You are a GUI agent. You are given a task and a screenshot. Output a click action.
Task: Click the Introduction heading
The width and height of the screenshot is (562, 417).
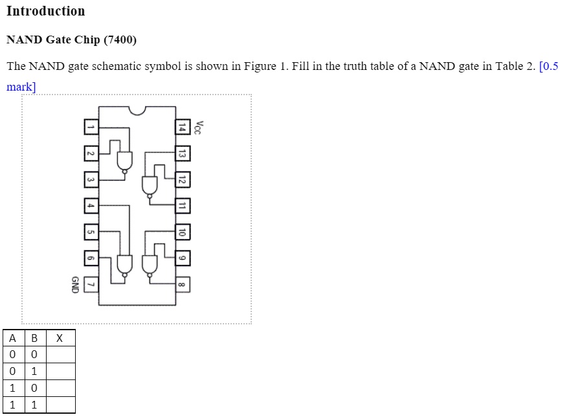pyautogui.click(x=45, y=11)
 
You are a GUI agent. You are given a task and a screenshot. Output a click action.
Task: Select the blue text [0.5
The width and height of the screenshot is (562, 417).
pyautogui.click(x=548, y=67)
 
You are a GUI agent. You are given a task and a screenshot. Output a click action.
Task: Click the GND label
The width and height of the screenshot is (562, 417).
pyautogui.click(x=74, y=284)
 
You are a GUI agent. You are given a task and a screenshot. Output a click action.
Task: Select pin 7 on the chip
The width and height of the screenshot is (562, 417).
pyautogui.click(x=91, y=284)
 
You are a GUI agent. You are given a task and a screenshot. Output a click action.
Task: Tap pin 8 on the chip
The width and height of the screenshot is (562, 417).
pyautogui.click(x=183, y=284)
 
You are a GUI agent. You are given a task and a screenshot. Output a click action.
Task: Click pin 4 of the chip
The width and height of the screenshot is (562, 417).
pyautogui.click(x=91, y=206)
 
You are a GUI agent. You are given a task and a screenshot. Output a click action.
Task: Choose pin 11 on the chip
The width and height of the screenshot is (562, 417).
pyautogui.click(x=183, y=206)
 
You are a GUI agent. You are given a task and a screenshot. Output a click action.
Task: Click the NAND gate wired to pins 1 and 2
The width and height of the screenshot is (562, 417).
pyautogui.click(x=124, y=161)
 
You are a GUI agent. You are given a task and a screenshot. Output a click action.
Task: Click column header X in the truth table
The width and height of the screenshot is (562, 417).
pyautogui.click(x=60, y=338)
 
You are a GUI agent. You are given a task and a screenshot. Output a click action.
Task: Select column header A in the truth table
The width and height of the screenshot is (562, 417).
pyautogui.click(x=13, y=338)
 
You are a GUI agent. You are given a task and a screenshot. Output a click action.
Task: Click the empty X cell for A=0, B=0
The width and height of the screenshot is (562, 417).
pyautogui.click(x=60, y=355)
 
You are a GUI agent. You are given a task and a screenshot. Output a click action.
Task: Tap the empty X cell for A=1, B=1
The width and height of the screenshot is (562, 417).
pyautogui.click(x=60, y=405)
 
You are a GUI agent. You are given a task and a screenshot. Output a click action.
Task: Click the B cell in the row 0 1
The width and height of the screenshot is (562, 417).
pyautogui.click(x=34, y=372)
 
